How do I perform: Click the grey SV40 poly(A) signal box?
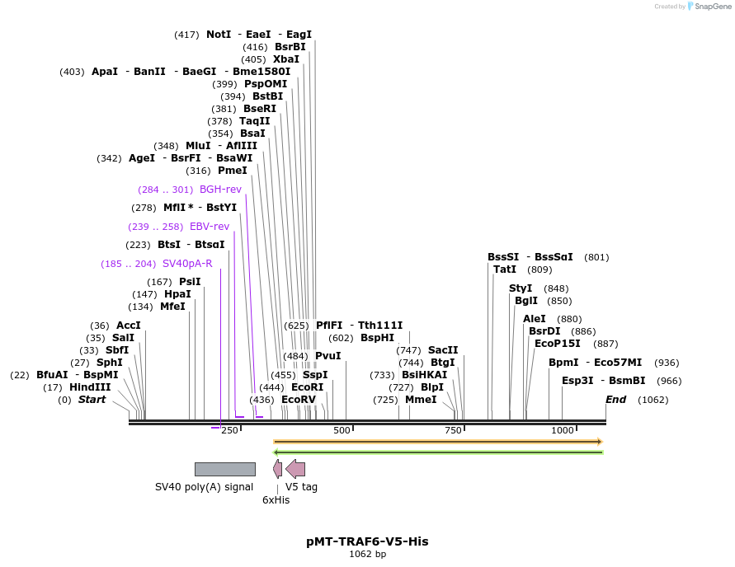point(224,469)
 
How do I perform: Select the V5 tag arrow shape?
point(296,469)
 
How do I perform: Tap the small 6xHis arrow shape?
point(278,469)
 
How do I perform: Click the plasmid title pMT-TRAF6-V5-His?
point(367,541)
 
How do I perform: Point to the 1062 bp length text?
point(367,555)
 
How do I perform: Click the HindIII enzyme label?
point(90,387)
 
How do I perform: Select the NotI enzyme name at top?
point(219,35)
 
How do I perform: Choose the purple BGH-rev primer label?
point(220,190)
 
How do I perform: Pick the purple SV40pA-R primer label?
point(187,264)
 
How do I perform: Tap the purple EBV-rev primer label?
point(210,227)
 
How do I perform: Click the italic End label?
point(616,400)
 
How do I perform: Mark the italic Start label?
point(92,400)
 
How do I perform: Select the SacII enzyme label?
point(443,350)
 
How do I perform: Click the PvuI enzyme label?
point(328,356)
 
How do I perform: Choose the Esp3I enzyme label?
point(577,381)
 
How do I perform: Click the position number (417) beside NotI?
point(186,35)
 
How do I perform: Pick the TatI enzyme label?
point(505,269)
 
